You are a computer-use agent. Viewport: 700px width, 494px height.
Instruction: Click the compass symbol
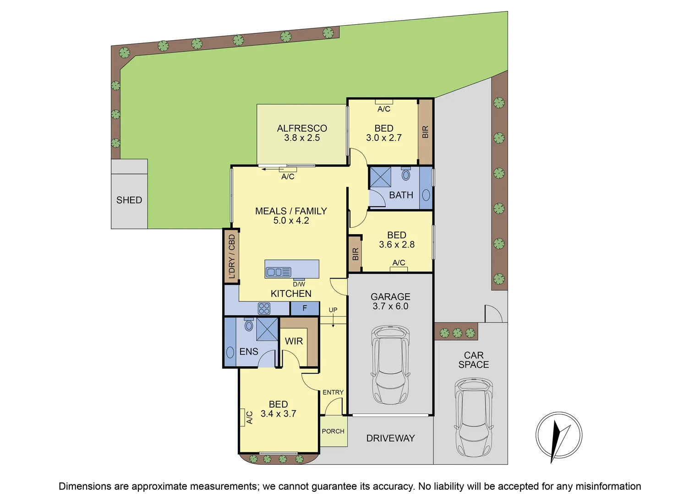tap(559, 435)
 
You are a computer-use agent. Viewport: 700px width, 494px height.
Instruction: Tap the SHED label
tap(129, 200)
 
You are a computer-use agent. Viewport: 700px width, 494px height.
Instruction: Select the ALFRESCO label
tap(302, 128)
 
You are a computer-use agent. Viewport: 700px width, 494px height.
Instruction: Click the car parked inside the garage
tap(390, 365)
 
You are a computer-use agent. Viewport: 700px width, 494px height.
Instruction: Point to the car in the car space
tap(474, 416)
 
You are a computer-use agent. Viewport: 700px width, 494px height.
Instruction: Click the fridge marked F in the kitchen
tap(305, 308)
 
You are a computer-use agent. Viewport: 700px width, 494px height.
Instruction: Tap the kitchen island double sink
tap(279, 272)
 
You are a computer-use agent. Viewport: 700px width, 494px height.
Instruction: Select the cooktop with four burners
tap(264, 308)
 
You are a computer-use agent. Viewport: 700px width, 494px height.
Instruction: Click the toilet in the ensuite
tap(249, 325)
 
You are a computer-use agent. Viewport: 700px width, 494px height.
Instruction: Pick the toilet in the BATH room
tap(406, 174)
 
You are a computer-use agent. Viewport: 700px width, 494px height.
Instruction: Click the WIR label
tap(294, 341)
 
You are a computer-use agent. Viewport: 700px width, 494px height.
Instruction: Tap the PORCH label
tap(333, 431)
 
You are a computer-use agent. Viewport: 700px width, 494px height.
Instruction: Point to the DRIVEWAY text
tap(390, 438)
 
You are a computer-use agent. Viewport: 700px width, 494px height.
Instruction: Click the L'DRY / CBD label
tap(232, 257)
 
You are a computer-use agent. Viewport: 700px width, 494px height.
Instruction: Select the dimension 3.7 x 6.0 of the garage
tap(390, 306)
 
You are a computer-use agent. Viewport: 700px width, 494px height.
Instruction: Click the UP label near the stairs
tap(333, 310)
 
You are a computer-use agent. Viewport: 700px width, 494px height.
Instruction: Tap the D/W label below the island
tap(299, 284)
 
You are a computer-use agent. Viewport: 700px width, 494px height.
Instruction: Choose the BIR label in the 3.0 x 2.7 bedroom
tap(426, 132)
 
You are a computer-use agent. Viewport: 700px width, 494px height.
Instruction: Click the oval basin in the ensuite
tap(230, 353)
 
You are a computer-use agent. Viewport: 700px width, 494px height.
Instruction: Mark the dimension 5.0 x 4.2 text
tap(291, 220)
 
